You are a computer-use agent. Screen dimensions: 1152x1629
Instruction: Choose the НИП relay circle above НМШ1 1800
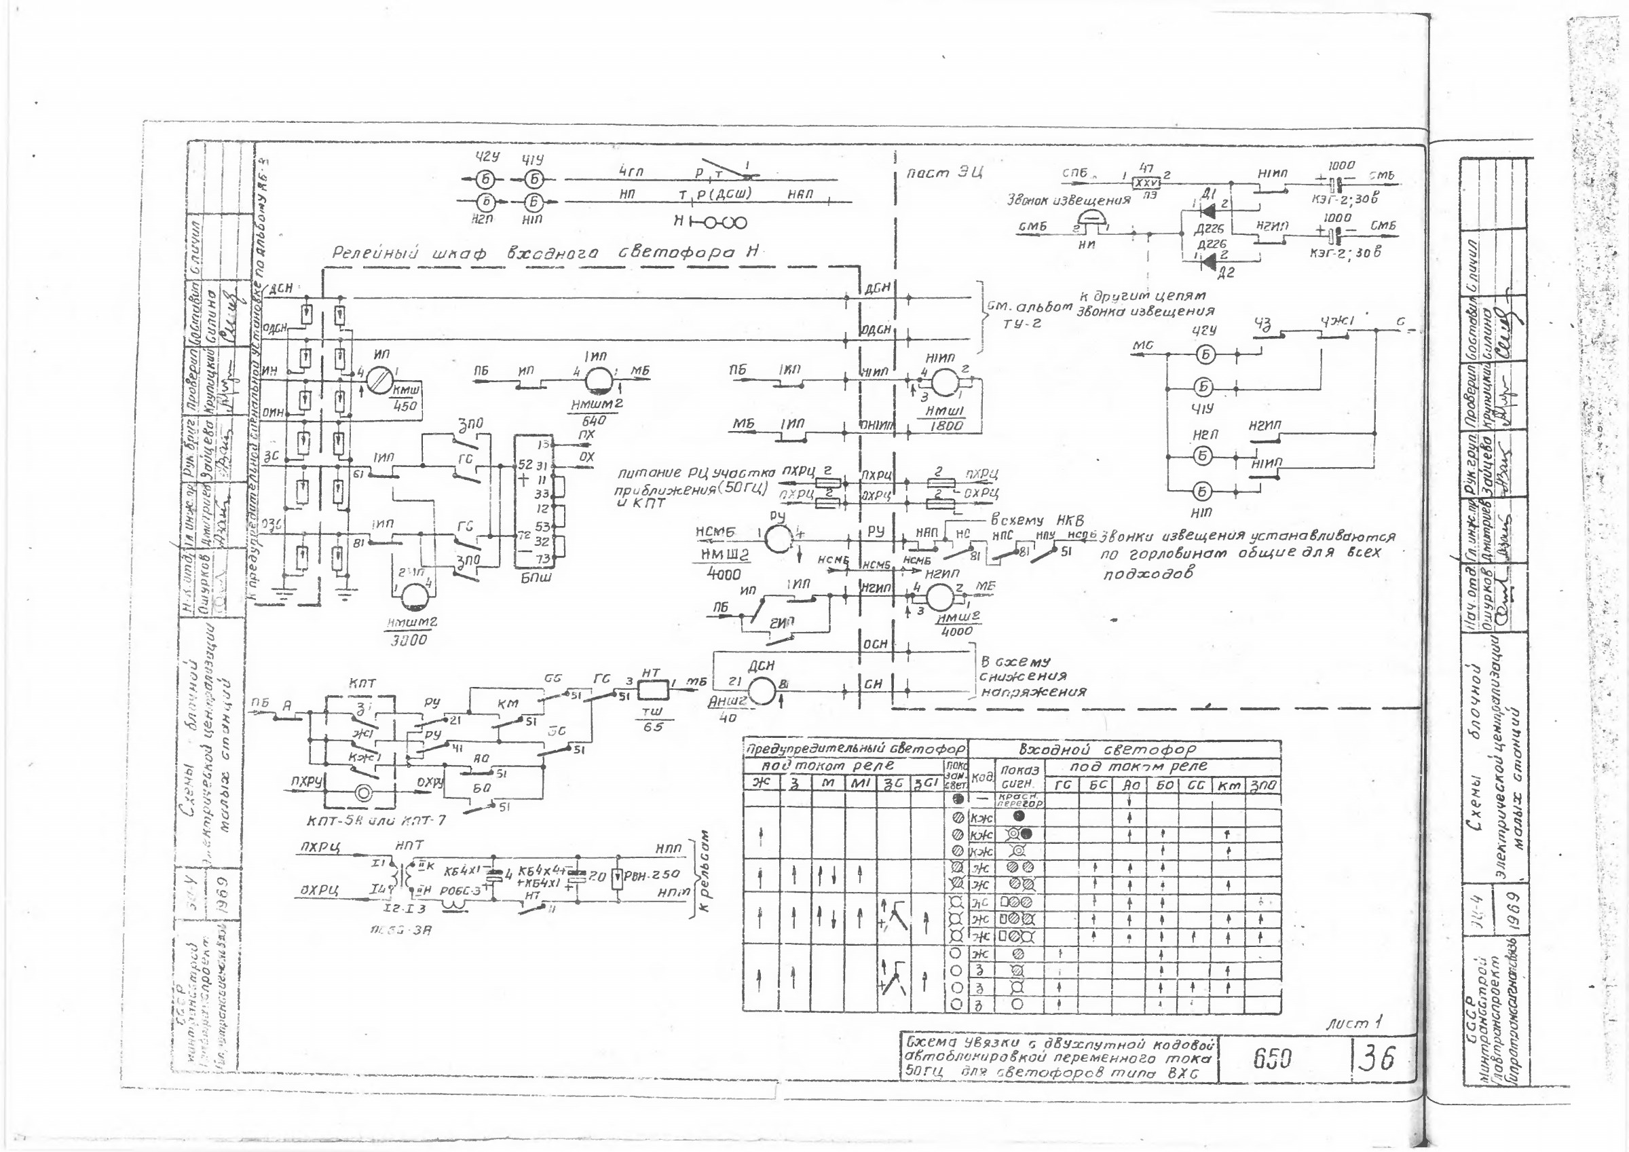944,381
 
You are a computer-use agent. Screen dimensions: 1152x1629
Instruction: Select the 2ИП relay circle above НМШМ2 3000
413,596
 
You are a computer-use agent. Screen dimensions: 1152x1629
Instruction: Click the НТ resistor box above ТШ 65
652,688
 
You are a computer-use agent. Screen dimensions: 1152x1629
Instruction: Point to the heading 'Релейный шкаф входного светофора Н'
546,253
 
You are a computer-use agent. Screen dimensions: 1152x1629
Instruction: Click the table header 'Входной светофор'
1107,749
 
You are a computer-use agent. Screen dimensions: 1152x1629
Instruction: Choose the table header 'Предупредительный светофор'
855,749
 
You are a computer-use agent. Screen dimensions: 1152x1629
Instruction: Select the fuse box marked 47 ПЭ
1145,183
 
